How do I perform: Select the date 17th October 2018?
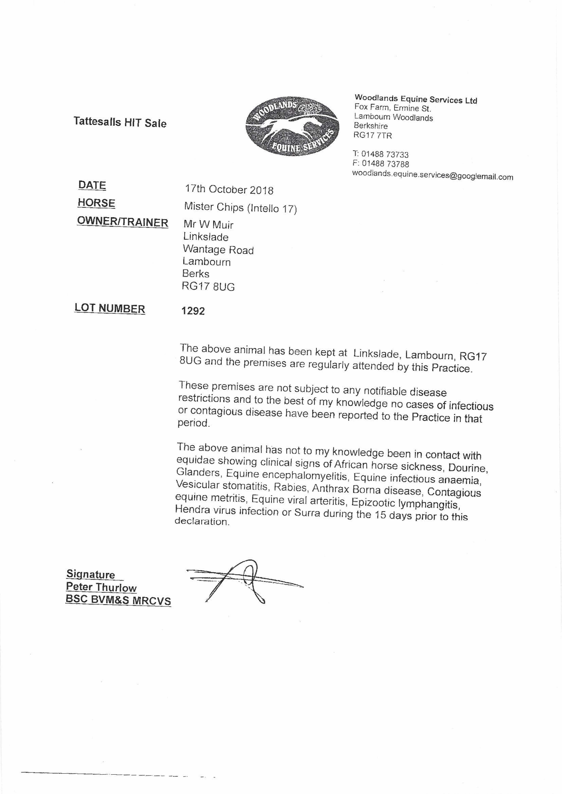coord(229,190)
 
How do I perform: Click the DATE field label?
coord(92,185)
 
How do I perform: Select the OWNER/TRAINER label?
coord(122,222)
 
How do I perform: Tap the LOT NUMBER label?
coord(110,308)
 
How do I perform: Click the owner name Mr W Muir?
coord(208,225)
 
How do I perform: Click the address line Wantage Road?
coord(218,249)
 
